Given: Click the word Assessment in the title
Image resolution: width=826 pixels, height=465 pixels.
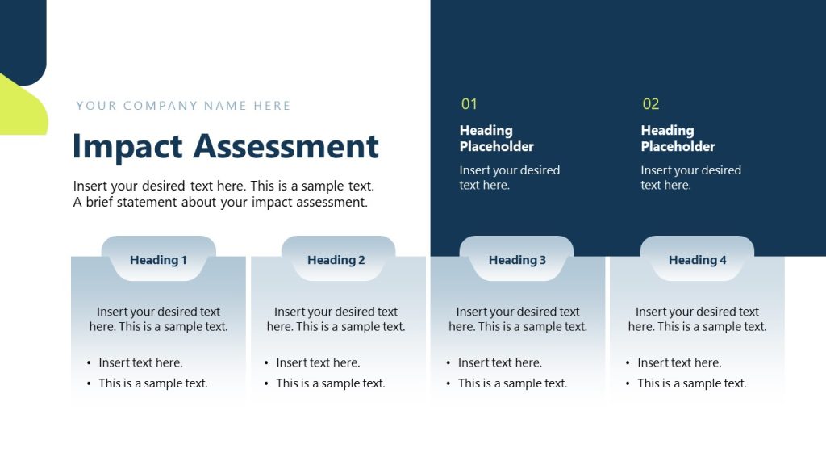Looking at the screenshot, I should pyautogui.click(x=286, y=147).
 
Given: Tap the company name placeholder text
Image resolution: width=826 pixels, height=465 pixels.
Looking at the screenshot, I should pyautogui.click(x=183, y=106).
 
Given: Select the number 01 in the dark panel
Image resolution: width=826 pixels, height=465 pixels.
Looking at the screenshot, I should pyautogui.click(x=469, y=104).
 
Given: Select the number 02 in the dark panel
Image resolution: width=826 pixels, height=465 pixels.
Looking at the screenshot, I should pyautogui.click(x=650, y=104).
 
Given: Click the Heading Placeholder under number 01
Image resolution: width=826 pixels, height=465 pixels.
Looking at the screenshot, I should pyautogui.click(x=496, y=138).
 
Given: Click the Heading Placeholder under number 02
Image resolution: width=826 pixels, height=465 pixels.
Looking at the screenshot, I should pyautogui.click(x=678, y=138).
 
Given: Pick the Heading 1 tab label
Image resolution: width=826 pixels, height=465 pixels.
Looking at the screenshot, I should pyautogui.click(x=158, y=260).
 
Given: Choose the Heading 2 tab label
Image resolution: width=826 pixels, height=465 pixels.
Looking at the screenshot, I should pyautogui.click(x=336, y=260).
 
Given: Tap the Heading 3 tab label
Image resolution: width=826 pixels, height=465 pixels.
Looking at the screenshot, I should pyautogui.click(x=517, y=260).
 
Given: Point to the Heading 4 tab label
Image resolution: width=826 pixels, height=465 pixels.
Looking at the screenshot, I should pyautogui.click(x=697, y=260).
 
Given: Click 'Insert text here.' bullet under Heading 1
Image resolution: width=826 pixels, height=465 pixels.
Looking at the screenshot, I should pyautogui.click(x=140, y=362).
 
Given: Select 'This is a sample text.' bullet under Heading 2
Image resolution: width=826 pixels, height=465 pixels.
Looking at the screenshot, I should pyautogui.click(x=330, y=383).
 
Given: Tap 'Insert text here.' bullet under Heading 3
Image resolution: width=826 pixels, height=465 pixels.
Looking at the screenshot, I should pyautogui.click(x=499, y=362).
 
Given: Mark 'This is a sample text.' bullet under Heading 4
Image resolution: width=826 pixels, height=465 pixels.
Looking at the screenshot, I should pyautogui.click(x=691, y=383).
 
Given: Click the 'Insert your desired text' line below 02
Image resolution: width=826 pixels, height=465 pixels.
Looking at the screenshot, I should pyautogui.click(x=690, y=170).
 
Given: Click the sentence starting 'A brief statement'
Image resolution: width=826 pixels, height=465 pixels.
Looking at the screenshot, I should pyautogui.click(x=220, y=203).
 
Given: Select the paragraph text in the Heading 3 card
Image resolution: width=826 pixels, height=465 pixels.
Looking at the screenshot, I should pyautogui.click(x=517, y=319).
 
